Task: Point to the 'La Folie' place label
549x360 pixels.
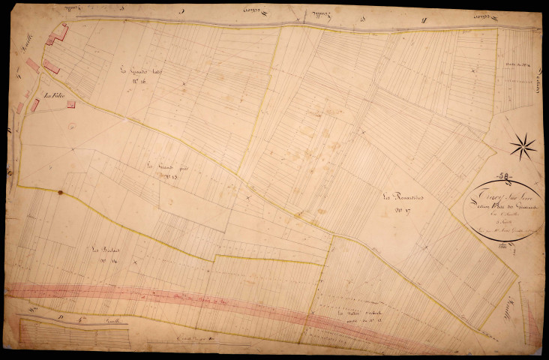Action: (53, 95)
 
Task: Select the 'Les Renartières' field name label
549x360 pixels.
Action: (403, 198)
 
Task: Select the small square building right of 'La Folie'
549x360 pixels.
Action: (71, 104)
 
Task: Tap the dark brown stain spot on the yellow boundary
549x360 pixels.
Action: (60, 192)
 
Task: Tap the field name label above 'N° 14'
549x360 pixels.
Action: (103, 250)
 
